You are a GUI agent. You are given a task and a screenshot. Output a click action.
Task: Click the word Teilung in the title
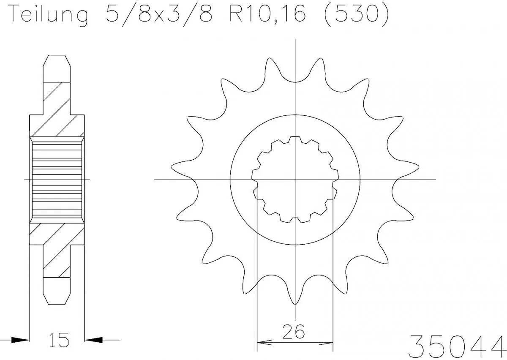click(x=48, y=15)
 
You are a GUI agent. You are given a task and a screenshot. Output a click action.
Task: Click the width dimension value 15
click(x=57, y=340)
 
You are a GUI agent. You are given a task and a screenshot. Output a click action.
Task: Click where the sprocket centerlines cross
click(x=295, y=180)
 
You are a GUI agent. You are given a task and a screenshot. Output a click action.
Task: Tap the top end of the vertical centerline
click(x=295, y=39)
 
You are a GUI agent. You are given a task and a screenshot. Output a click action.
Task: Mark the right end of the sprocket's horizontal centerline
click(x=435, y=180)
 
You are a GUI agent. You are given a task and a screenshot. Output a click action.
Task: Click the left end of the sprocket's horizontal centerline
click(x=155, y=180)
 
